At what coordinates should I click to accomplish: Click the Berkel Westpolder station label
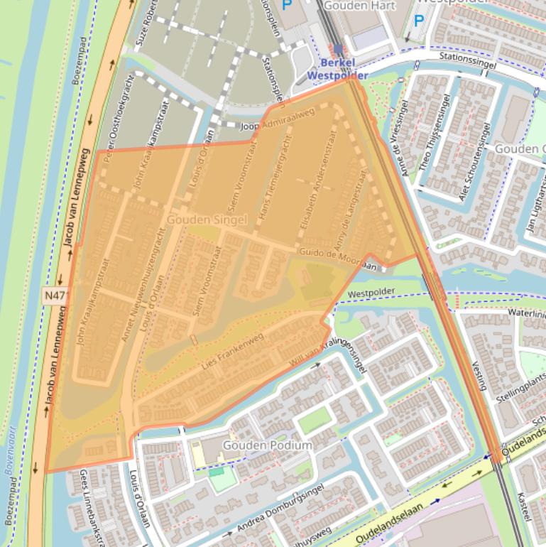tap(337, 69)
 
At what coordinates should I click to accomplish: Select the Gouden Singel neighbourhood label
tap(207, 221)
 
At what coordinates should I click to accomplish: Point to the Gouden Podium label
tap(267, 445)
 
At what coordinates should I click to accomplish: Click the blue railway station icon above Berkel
tap(337, 49)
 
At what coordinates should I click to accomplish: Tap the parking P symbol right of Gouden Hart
tap(417, 21)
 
